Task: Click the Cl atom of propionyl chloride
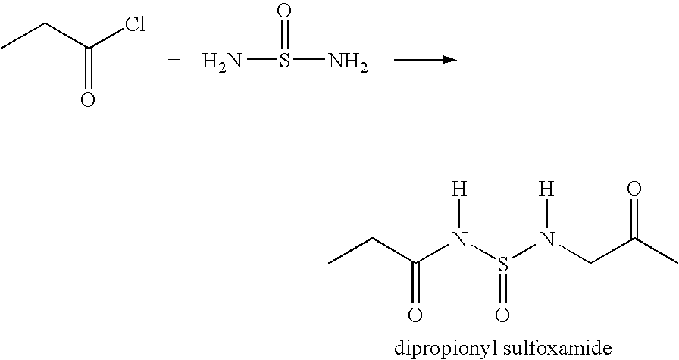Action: pyautogui.click(x=135, y=25)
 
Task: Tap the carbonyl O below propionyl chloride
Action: pyautogui.click(x=87, y=99)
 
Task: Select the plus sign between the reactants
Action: pyautogui.click(x=174, y=60)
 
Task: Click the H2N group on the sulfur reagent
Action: pyautogui.click(x=222, y=62)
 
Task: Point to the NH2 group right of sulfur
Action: pyautogui.click(x=348, y=62)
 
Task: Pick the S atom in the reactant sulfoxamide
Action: pyautogui.click(x=283, y=61)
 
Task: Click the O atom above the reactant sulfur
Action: pyautogui.click(x=283, y=11)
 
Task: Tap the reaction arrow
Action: pyautogui.click(x=425, y=60)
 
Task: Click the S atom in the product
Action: pyautogui.click(x=502, y=264)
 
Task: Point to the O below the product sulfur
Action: pyautogui.click(x=502, y=315)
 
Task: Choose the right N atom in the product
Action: pyautogui.click(x=547, y=239)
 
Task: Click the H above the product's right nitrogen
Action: pyautogui.click(x=547, y=189)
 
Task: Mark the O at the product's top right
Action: pyautogui.click(x=634, y=189)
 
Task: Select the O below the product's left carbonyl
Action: pyautogui.click(x=415, y=315)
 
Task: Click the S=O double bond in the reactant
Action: pyautogui.click(x=283, y=36)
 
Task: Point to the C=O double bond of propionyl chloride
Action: pyautogui.click(x=87, y=68)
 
